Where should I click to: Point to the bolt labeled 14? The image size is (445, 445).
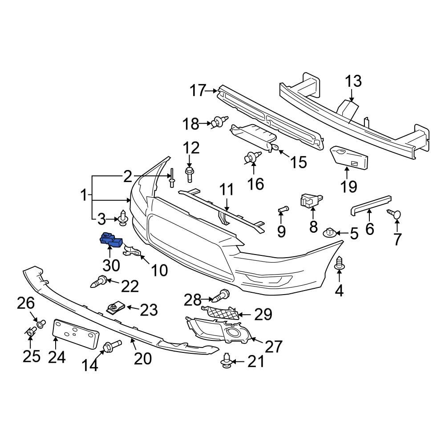[x=112, y=346]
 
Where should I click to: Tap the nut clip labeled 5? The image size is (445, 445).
[x=329, y=232]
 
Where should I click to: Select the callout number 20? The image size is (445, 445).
[x=143, y=358]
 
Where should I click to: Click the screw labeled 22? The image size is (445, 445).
[x=99, y=282]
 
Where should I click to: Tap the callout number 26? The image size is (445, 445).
[x=26, y=303]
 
